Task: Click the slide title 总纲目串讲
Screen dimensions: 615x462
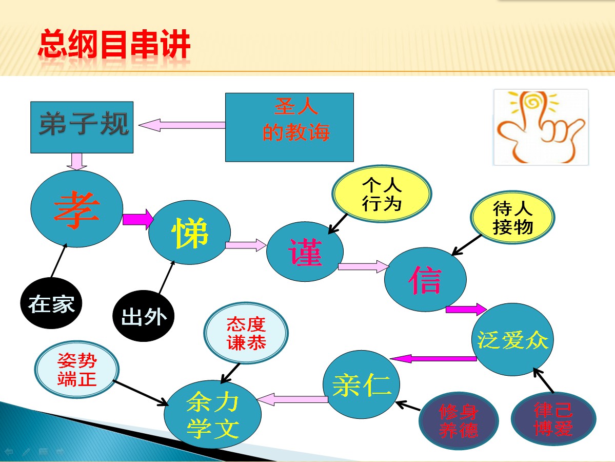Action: [114, 44]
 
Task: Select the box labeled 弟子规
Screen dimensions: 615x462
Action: [82, 127]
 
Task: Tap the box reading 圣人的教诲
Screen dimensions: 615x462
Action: [289, 127]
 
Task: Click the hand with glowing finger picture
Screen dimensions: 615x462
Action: [541, 127]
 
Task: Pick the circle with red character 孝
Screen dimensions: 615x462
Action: [77, 209]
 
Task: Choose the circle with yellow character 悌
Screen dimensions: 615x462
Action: [189, 233]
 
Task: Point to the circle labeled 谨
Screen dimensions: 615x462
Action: [305, 252]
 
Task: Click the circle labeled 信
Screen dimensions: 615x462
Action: [425, 279]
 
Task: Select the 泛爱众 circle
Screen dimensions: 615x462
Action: [512, 339]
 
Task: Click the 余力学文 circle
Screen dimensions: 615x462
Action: [212, 414]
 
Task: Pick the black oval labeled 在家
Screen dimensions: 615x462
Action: [51, 303]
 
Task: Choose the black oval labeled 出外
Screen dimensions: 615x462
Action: [143, 316]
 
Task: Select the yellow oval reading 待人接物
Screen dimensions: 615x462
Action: [512, 218]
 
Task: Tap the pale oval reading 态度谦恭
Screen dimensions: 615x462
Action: [246, 333]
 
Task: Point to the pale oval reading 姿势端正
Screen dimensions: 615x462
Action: [77, 370]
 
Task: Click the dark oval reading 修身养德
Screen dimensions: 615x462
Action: [459, 421]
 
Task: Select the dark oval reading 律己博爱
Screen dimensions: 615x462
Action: [553, 419]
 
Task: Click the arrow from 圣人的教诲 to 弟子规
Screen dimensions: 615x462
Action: [182, 125]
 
